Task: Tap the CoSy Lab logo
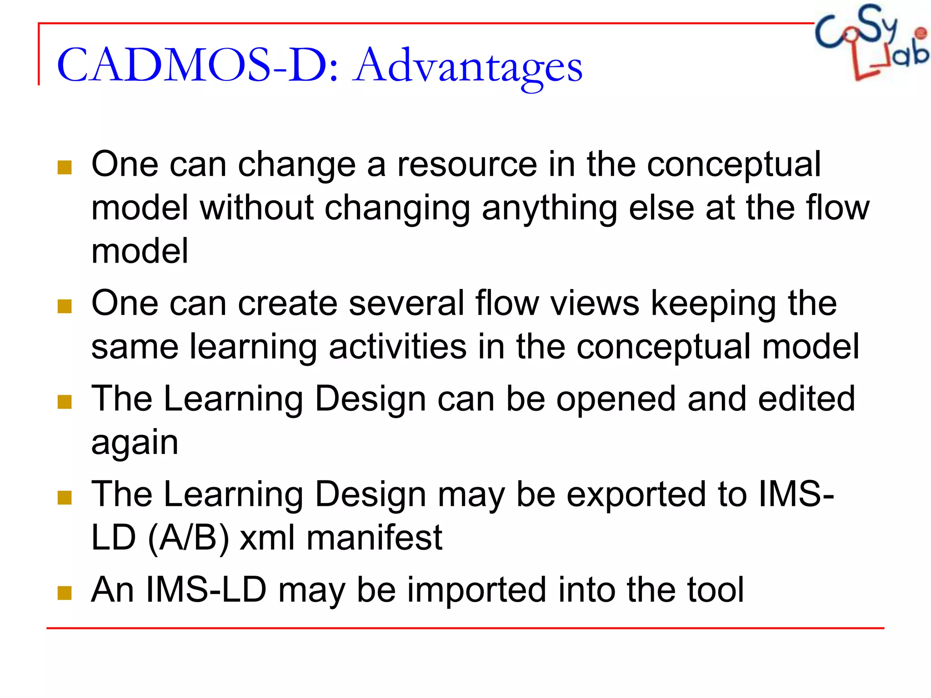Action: tap(871, 42)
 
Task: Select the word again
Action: tap(135, 442)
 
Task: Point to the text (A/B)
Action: tap(188, 538)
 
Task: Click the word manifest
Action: tap(374, 538)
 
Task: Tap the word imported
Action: tap(476, 590)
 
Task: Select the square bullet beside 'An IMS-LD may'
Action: tap(65, 593)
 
